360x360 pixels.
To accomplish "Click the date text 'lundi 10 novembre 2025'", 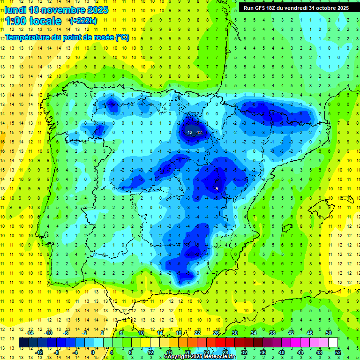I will click(x=56, y=10).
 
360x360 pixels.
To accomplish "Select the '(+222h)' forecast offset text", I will click(x=83, y=21).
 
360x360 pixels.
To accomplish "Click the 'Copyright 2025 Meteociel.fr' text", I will click(x=200, y=357).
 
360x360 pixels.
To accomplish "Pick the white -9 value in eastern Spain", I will click(x=216, y=188).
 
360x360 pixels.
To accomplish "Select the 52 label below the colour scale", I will click(x=338, y=352).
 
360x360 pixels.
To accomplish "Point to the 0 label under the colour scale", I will click(x=93, y=352).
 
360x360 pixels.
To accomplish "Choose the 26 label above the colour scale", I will click(x=216, y=333).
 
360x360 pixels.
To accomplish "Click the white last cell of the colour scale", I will click(x=333, y=343).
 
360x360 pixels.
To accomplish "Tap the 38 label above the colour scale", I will click(x=272, y=333).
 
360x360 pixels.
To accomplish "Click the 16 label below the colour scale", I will click(x=169, y=352).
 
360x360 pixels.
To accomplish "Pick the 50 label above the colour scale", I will click(x=328, y=333).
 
